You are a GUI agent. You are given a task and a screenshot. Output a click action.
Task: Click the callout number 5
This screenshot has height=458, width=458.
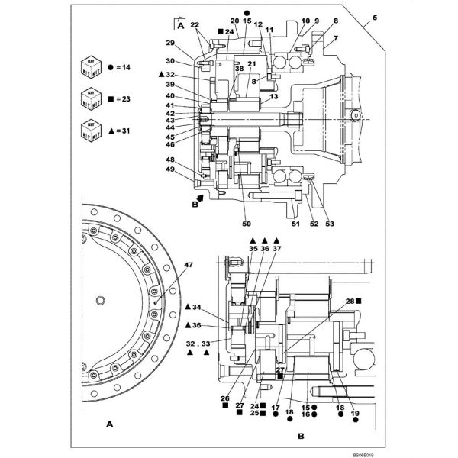pyautogui.click(x=374, y=17)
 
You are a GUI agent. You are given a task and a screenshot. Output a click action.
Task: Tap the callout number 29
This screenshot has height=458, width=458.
pyautogui.click(x=170, y=43)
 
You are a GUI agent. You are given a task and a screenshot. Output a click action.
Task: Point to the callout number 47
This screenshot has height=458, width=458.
pyautogui.click(x=189, y=265)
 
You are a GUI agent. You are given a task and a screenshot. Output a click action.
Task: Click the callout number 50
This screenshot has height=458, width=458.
pyautogui.click(x=247, y=224)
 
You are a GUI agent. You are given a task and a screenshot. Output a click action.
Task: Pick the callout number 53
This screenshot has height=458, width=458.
pyautogui.click(x=330, y=224)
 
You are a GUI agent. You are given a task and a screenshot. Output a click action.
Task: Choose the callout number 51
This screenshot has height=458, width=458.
pyautogui.click(x=295, y=224)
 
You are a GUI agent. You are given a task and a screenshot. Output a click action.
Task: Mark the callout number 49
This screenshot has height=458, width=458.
pyautogui.click(x=170, y=169)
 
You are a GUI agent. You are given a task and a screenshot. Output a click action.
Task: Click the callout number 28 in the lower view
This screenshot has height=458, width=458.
pyautogui.click(x=350, y=302)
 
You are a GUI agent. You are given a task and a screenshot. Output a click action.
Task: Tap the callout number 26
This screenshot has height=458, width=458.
pyautogui.click(x=225, y=398)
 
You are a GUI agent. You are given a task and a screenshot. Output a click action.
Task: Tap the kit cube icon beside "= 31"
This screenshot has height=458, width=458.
pyautogui.click(x=90, y=130)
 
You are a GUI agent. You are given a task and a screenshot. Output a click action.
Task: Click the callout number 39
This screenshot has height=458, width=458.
pyautogui.click(x=170, y=85)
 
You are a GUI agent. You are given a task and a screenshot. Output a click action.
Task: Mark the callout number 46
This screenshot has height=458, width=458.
pyautogui.click(x=170, y=144)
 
